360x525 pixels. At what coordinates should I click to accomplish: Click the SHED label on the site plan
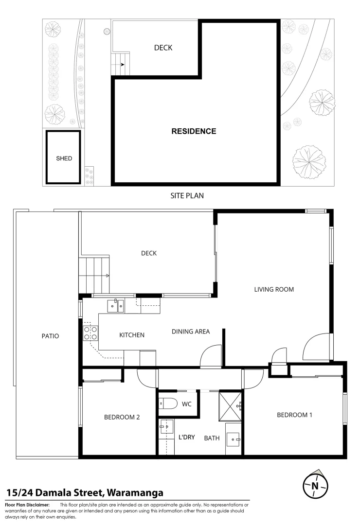[x=64, y=158]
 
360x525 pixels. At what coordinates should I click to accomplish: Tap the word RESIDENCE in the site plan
[x=194, y=131]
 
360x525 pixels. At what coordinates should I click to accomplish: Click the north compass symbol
[x=315, y=485]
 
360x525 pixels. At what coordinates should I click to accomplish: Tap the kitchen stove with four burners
[x=90, y=332]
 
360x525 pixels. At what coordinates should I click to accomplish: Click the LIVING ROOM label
[x=274, y=289]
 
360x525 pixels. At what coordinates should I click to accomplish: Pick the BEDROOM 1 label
[x=294, y=415]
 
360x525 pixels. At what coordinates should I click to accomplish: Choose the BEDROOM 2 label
[x=122, y=417]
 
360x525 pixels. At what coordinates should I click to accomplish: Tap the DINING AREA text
[x=191, y=332]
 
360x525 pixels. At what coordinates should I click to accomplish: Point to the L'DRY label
[x=186, y=437]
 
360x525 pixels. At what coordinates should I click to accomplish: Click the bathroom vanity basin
[x=233, y=439]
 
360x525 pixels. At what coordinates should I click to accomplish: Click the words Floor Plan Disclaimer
[x=27, y=505]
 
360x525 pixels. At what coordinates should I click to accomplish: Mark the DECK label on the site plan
[x=163, y=48]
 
